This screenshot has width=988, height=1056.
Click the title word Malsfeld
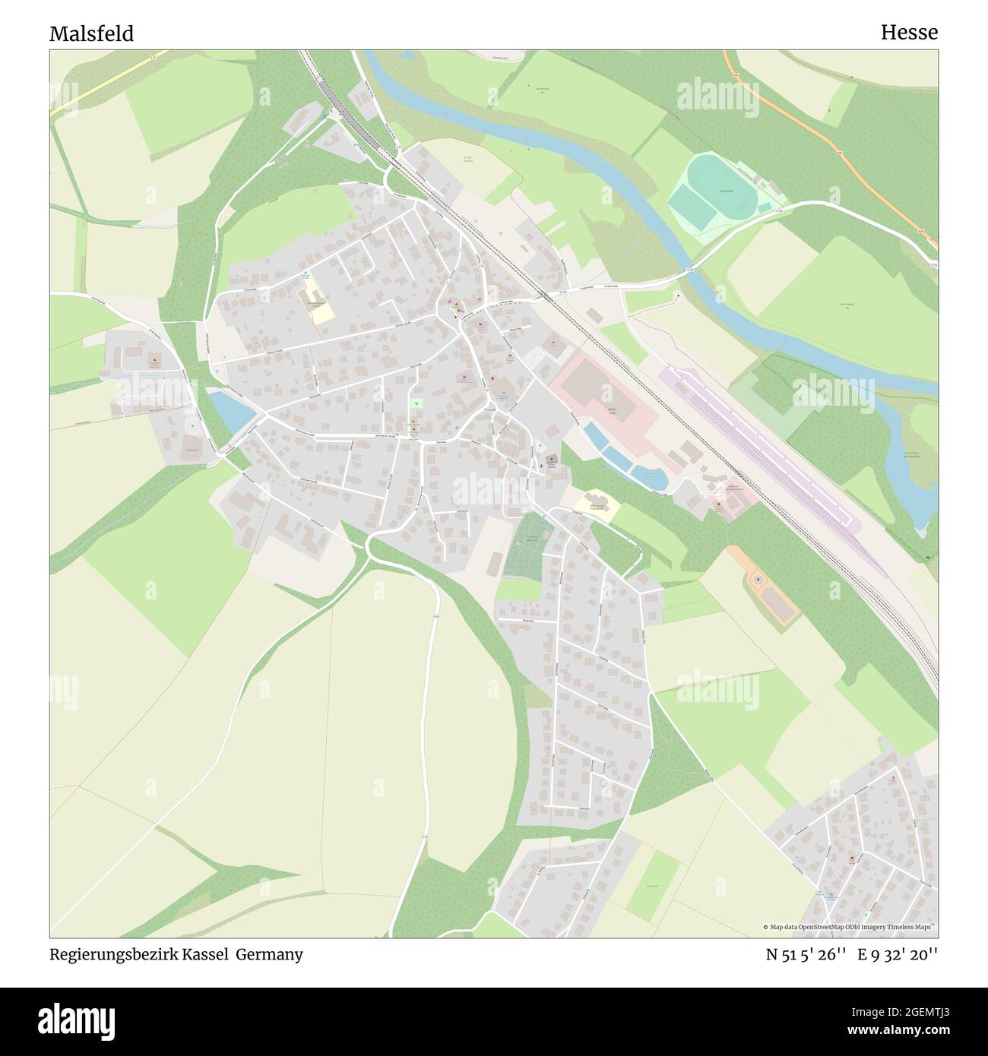point(91,33)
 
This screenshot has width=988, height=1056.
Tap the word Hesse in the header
point(909,32)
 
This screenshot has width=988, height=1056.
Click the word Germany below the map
point(269,955)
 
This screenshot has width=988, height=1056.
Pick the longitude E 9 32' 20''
point(898,955)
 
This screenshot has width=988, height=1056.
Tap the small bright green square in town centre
point(416,403)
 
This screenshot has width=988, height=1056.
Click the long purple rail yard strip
point(760,448)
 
